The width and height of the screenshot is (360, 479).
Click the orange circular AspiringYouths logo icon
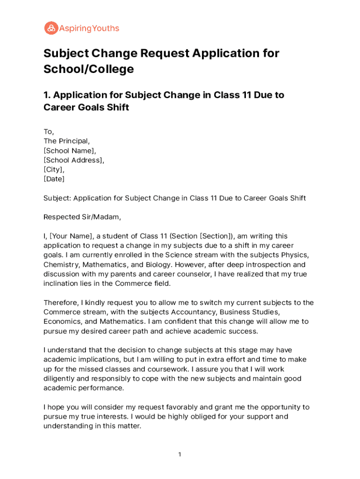pyautogui.click(x=51, y=28)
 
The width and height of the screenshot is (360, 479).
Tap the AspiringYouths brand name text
pyautogui.click(x=89, y=29)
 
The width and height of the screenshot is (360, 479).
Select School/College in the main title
pyautogui.click(x=89, y=69)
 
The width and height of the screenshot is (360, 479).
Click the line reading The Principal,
pyautogui.click(x=66, y=141)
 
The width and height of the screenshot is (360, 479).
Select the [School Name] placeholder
pyautogui.click(x=70, y=151)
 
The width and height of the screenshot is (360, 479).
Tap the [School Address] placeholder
pyautogui.click(x=74, y=160)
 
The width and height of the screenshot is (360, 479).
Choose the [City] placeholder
pyautogui.click(x=54, y=169)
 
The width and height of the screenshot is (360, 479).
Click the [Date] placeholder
pyautogui.click(x=54, y=179)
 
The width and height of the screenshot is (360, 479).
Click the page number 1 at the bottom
pyautogui.click(x=180, y=454)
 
